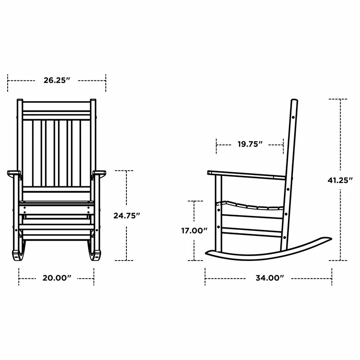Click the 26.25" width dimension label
click(57, 81)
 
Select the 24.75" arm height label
click(126, 216)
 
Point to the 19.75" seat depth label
click(250, 144)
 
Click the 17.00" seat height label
click(194, 230)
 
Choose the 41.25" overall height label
click(340, 180)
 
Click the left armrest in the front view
click(14, 172)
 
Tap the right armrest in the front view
click(99, 172)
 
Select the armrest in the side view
click(245, 175)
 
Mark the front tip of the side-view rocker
click(208, 254)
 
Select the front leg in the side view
click(219, 211)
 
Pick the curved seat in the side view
click(252, 207)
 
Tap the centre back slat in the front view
click(57, 153)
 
